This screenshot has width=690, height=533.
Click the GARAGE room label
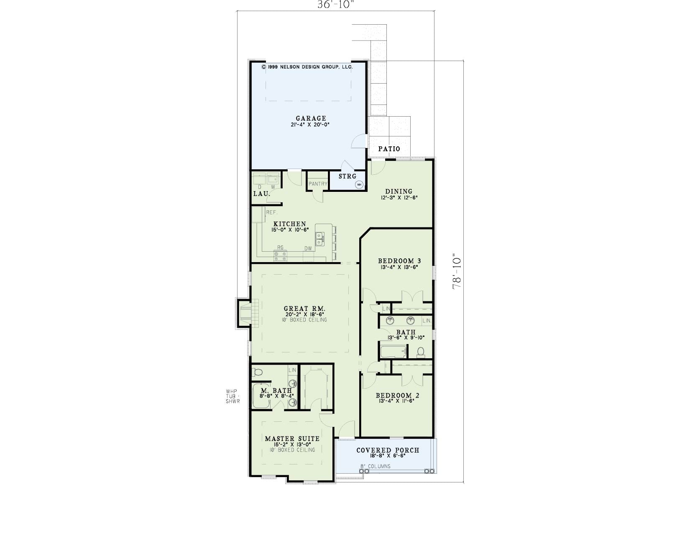tap(311, 119)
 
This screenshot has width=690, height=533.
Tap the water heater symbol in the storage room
tap(359, 184)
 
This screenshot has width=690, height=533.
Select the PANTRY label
tap(318, 184)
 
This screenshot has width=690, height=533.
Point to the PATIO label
tap(389, 149)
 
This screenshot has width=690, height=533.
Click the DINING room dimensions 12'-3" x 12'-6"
tap(399, 197)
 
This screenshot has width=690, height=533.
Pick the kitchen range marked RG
tap(280, 256)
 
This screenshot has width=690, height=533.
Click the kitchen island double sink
tap(319, 239)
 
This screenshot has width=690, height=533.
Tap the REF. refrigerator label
tap(271, 212)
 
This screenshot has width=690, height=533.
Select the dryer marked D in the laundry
tap(260, 179)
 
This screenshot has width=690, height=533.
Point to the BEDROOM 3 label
tap(399, 261)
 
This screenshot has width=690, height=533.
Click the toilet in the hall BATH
tap(421, 352)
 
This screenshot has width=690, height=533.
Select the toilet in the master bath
tap(257, 372)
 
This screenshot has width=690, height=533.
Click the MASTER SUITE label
tap(292, 439)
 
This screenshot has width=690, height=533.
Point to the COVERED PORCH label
tap(388, 451)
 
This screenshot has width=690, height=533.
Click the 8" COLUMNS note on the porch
tap(375, 467)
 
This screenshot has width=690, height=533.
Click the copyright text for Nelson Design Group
tap(307, 67)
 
